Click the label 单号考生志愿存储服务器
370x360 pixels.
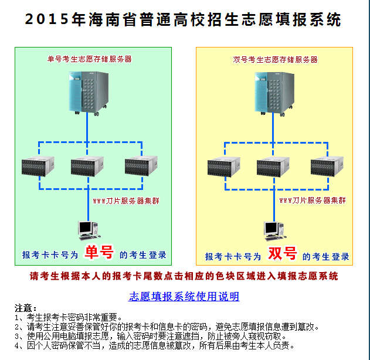[x=90, y=59]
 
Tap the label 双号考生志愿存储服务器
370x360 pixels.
[x=275, y=59]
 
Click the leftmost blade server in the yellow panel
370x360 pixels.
[x=224, y=167]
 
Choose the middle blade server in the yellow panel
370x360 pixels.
[x=273, y=167]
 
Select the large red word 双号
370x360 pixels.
[x=282, y=254]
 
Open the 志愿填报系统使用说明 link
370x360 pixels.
[x=184, y=296]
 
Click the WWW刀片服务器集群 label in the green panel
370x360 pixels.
[x=126, y=201]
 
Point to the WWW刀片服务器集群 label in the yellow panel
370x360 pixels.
[x=312, y=200]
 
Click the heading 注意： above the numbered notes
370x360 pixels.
[x=26, y=308]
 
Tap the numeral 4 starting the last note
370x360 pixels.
[x=17, y=345]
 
